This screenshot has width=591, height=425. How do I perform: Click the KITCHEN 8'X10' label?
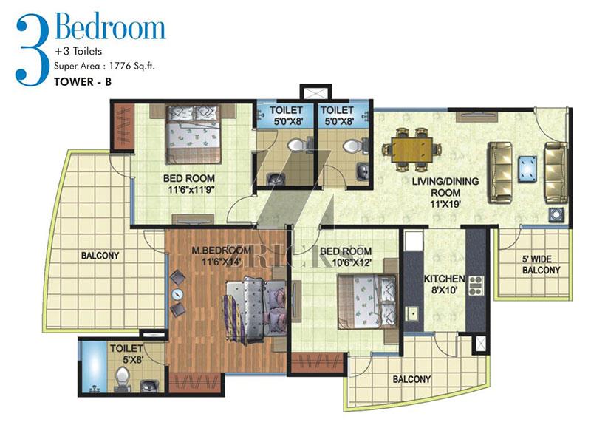click(445, 285)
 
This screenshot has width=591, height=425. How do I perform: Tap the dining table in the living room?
click(411, 150)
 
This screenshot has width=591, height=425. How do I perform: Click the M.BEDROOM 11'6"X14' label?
click(221, 255)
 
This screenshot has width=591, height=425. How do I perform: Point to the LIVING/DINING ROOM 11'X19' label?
click(445, 192)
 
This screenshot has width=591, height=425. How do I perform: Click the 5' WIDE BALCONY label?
click(541, 265)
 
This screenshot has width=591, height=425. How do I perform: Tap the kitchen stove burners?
click(476, 285)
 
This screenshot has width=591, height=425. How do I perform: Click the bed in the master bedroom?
click(256, 310)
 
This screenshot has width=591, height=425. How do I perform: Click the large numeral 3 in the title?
click(33, 51)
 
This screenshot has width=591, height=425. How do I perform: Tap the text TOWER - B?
click(83, 82)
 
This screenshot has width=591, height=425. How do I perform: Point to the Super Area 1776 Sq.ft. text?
click(104, 66)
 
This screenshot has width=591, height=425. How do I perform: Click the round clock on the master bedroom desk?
click(177, 294)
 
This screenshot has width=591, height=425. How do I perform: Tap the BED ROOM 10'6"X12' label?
click(346, 256)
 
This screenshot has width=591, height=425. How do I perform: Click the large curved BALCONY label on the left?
click(100, 256)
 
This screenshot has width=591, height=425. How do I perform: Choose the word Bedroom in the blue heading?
click(110, 27)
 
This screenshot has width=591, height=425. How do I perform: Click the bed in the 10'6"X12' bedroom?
click(366, 302)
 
